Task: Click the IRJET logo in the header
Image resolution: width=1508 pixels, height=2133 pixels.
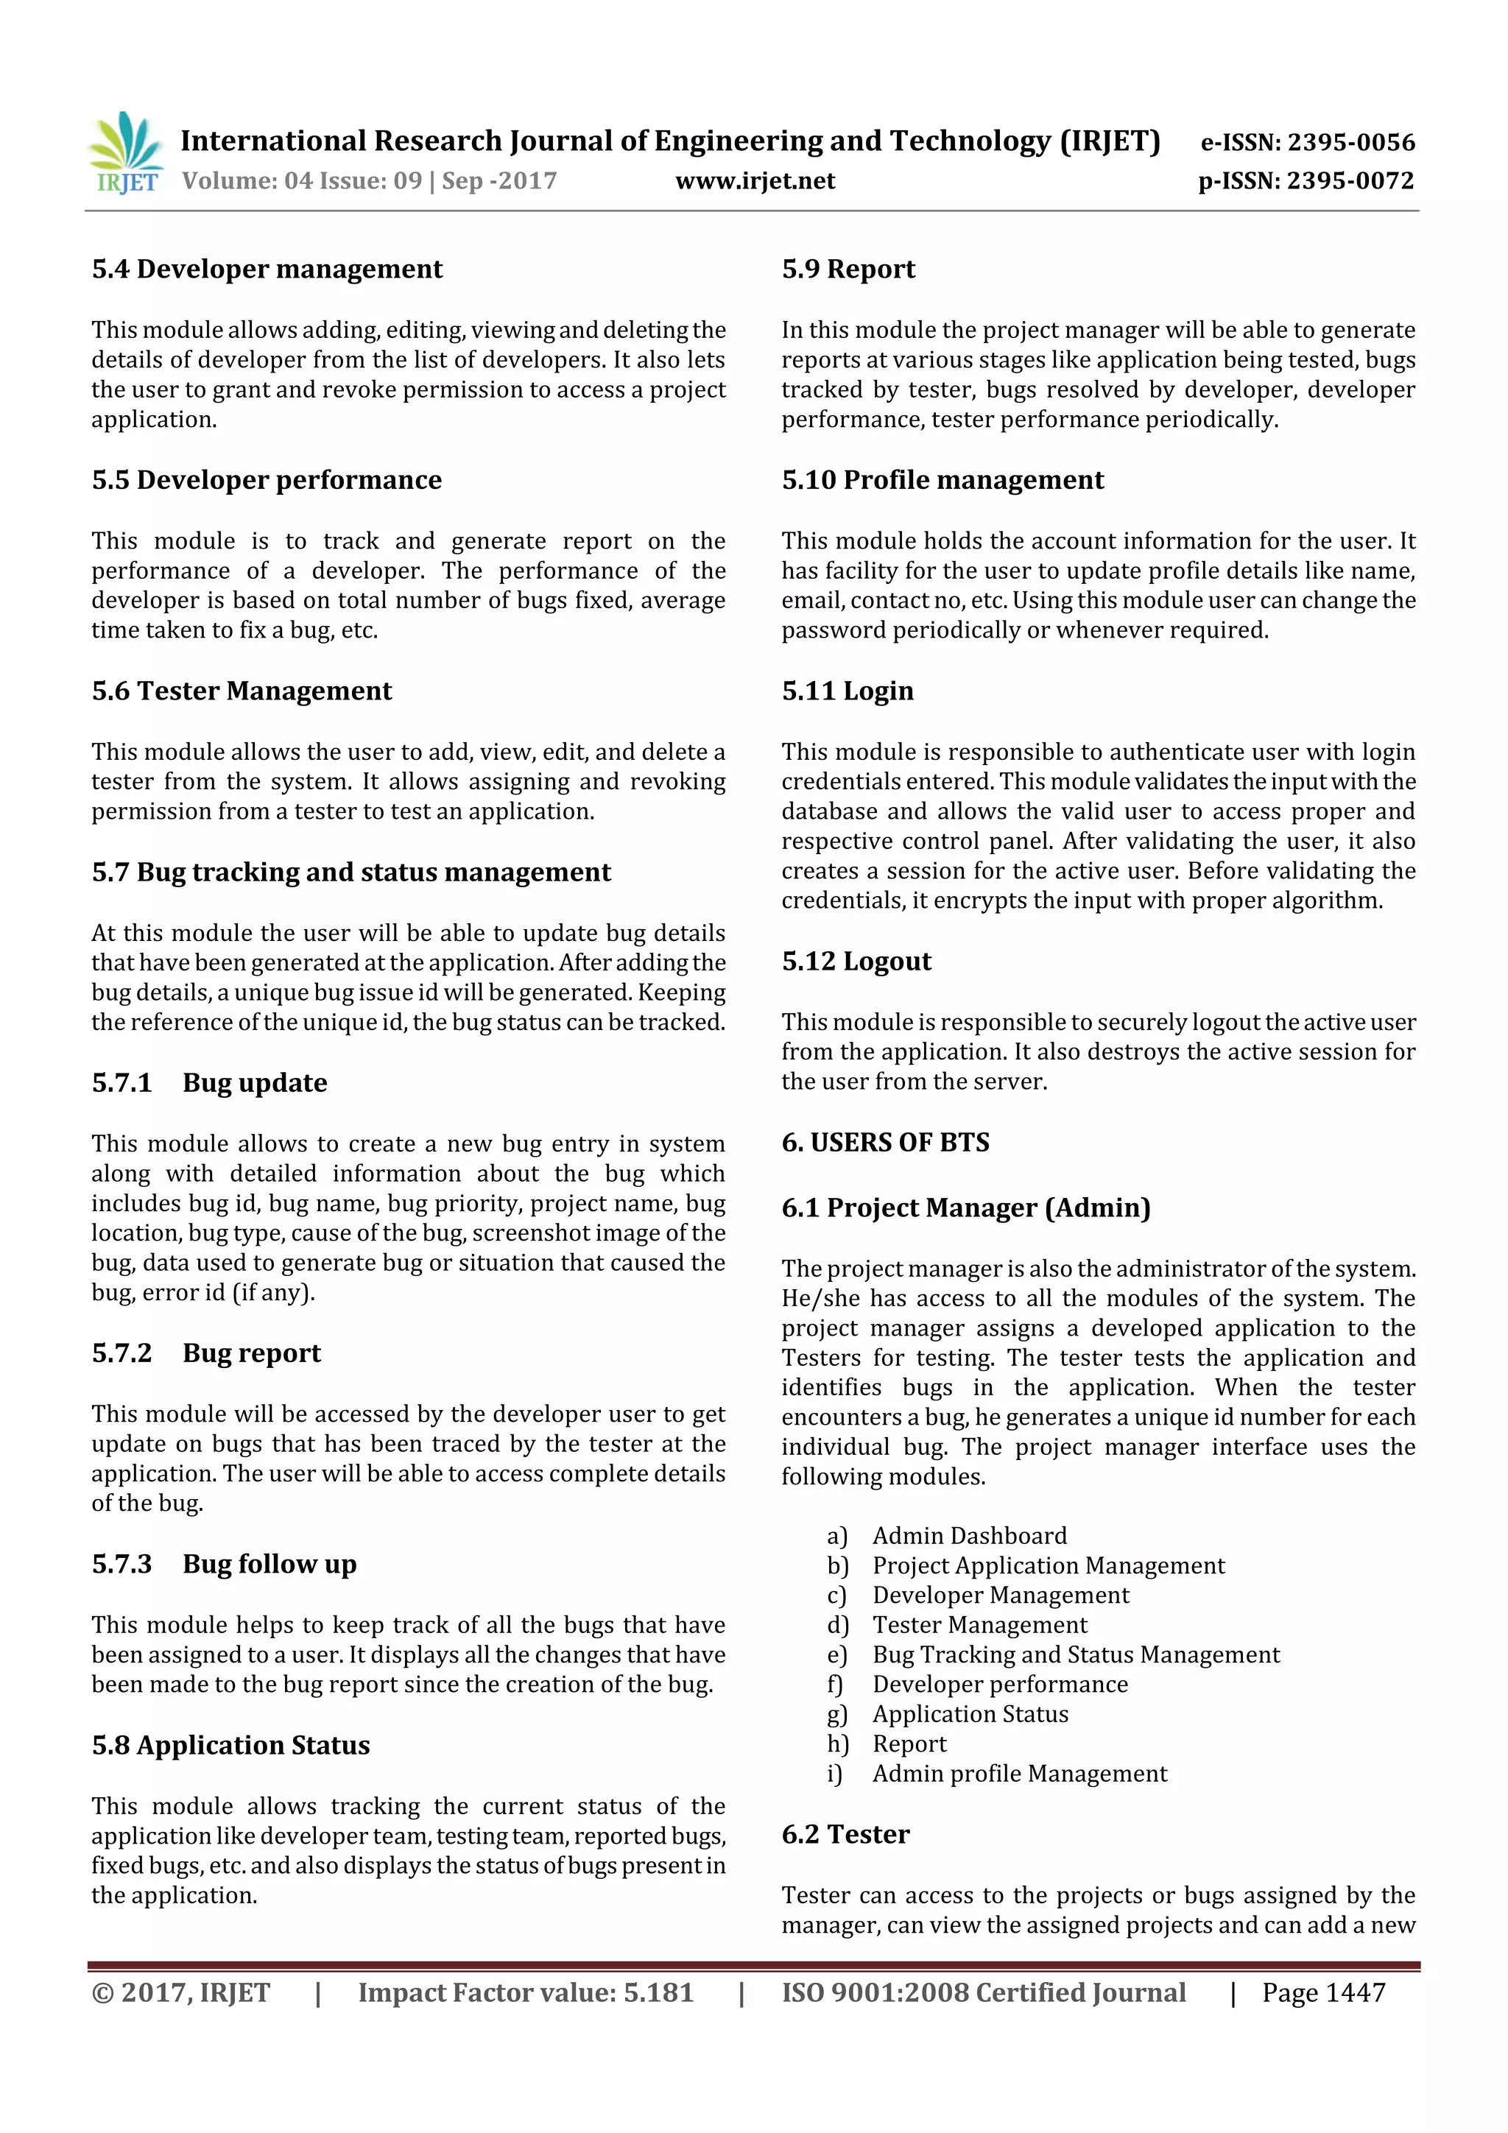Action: click(x=124, y=153)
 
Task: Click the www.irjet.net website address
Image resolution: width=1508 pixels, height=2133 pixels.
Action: click(x=755, y=180)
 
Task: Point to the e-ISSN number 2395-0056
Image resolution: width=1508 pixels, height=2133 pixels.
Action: click(x=1307, y=142)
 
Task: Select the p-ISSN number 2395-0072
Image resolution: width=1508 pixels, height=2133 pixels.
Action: click(x=1306, y=180)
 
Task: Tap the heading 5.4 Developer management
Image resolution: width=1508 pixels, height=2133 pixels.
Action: click(x=267, y=269)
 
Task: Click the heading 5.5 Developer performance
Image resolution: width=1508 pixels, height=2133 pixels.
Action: click(x=267, y=480)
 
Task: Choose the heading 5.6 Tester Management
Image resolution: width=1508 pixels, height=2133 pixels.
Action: click(x=242, y=691)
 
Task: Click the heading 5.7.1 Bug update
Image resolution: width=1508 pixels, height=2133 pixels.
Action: click(x=209, y=1083)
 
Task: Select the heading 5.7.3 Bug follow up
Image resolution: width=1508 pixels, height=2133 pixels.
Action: click(x=224, y=1565)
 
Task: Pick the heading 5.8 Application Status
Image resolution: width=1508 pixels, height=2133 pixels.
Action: click(x=230, y=1746)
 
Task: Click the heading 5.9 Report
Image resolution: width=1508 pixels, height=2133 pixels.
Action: click(x=848, y=269)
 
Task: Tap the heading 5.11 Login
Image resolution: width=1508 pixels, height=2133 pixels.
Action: click(x=847, y=691)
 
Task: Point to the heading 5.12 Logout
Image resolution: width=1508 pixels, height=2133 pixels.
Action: click(x=856, y=962)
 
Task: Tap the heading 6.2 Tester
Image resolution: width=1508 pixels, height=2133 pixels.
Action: click(x=845, y=1835)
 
